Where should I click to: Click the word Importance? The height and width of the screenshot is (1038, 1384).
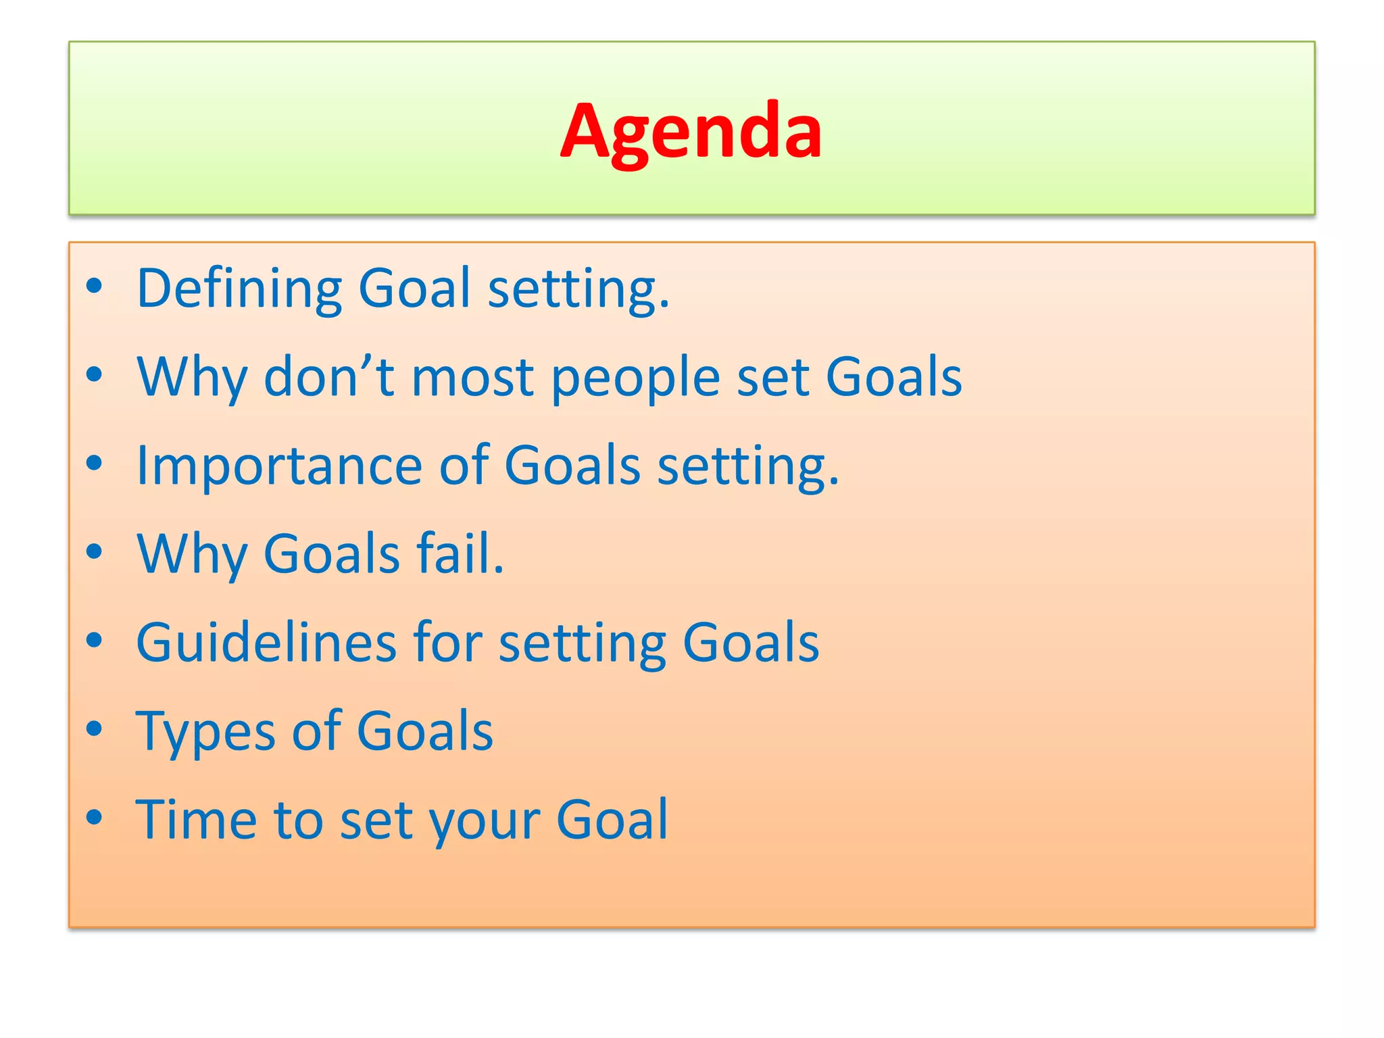click(x=278, y=466)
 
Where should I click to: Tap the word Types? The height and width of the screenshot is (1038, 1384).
click(x=205, y=733)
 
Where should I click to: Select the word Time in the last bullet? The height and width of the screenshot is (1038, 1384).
click(x=196, y=820)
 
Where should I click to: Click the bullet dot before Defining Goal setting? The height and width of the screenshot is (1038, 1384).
click(x=95, y=287)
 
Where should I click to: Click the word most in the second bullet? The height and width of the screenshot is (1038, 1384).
click(x=473, y=376)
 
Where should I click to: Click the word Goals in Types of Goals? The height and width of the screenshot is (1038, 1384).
click(x=425, y=731)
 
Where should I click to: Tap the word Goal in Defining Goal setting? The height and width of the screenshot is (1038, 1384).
click(x=414, y=289)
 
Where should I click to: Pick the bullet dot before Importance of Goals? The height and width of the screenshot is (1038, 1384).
click(x=95, y=464)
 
